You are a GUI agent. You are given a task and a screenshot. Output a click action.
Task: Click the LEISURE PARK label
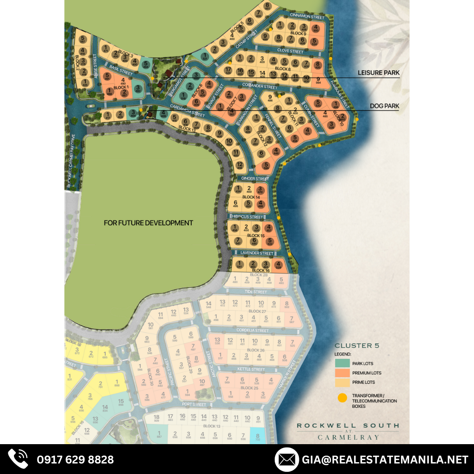[x=378, y=73]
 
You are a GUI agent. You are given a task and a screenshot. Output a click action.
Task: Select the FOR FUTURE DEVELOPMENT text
[x=148, y=223]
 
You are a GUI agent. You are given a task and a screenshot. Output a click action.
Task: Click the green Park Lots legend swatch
[x=342, y=363]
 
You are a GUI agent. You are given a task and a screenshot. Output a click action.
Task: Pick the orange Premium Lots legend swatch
[x=342, y=373]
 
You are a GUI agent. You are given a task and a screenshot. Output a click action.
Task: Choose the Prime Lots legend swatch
[x=342, y=383]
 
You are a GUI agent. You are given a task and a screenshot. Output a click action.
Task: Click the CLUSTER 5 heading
[x=357, y=345]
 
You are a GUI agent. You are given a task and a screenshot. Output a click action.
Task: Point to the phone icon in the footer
[x=18, y=459]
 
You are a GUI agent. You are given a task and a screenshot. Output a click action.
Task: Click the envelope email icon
[x=287, y=460]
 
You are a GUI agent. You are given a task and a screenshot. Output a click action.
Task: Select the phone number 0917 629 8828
[x=75, y=460]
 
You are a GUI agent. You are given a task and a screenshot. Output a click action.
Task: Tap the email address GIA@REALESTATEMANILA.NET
[x=385, y=460]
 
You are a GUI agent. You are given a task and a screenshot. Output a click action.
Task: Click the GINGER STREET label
[x=255, y=179]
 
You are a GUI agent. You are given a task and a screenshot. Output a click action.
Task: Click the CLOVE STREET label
[x=291, y=51]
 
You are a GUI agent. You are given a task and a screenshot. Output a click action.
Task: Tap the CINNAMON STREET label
[x=307, y=17]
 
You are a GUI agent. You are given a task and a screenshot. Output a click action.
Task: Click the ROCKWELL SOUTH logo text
[x=348, y=425]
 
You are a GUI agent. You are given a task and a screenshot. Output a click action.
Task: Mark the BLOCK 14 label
[x=251, y=197]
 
